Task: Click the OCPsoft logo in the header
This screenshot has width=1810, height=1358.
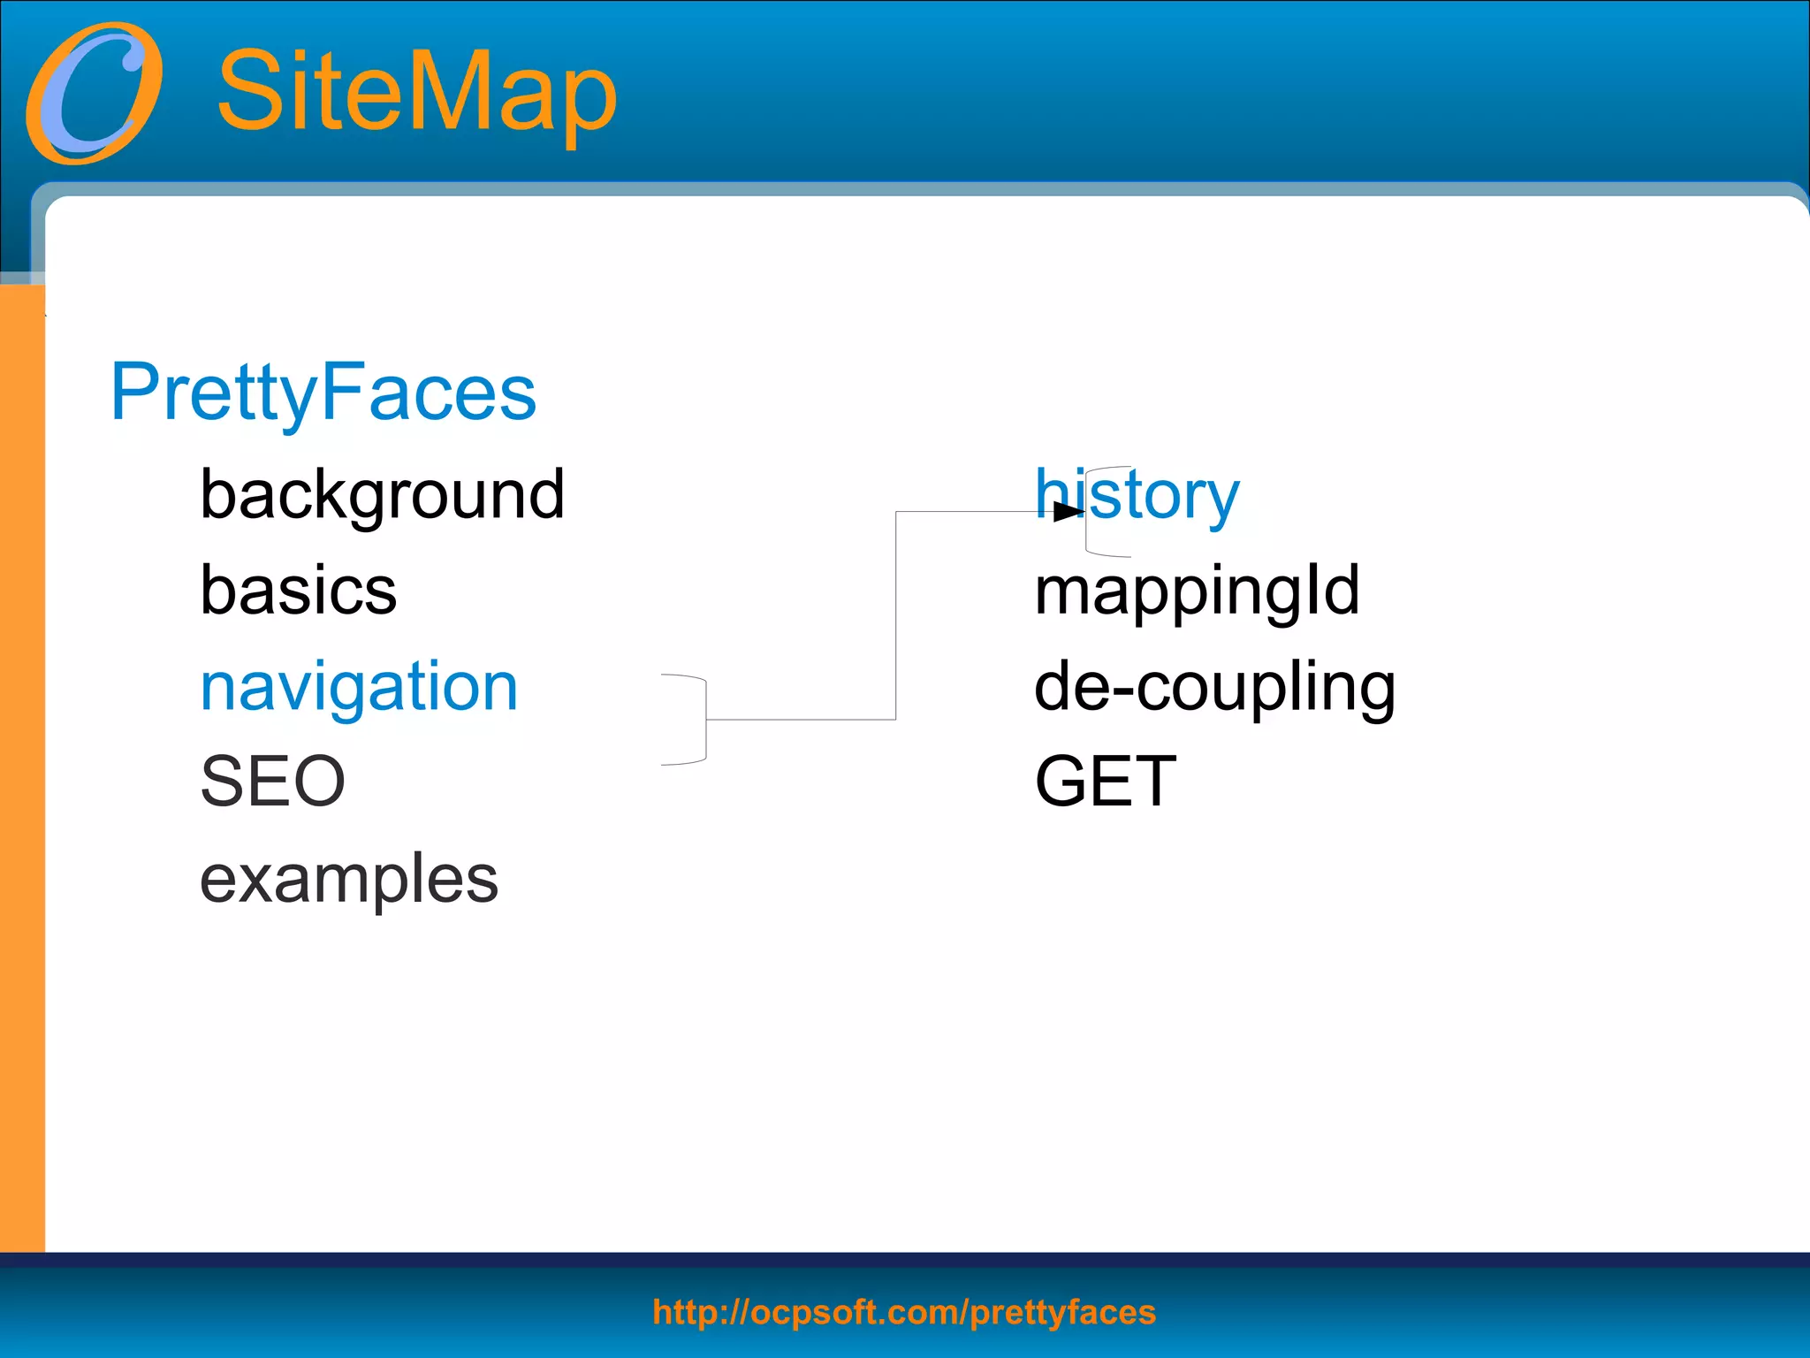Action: tap(95, 93)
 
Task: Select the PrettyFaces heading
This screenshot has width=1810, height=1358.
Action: tap(323, 392)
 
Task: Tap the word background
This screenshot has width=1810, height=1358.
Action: tap(382, 495)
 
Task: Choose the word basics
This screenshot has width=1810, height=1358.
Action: tap(299, 590)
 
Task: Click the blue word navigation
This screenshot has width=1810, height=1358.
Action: tap(359, 687)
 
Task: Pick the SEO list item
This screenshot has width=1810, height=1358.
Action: tap(272, 782)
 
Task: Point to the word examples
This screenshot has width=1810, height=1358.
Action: tap(349, 880)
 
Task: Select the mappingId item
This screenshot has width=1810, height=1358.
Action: tap(1197, 591)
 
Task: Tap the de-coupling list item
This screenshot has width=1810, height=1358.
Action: tap(1214, 688)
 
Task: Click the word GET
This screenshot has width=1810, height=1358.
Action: tap(1105, 782)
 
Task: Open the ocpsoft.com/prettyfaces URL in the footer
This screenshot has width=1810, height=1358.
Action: tap(903, 1312)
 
